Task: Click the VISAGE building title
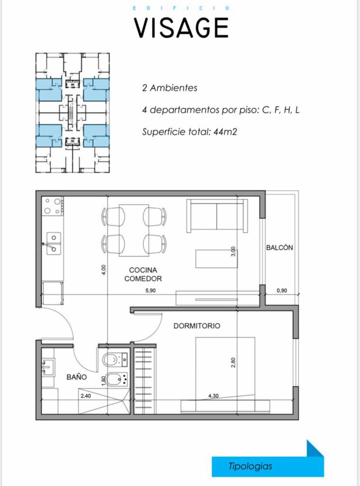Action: pyautogui.click(x=181, y=28)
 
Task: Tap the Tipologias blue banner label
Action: pyautogui.click(x=250, y=466)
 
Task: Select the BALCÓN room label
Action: pyautogui.click(x=279, y=247)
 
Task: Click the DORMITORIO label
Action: pyautogui.click(x=197, y=326)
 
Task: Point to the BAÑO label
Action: pyautogui.click(x=77, y=377)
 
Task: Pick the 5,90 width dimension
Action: pyautogui.click(x=151, y=290)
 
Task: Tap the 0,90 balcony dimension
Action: pyautogui.click(x=281, y=290)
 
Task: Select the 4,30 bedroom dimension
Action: pyautogui.click(x=213, y=396)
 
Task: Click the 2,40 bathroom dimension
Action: pyautogui.click(x=86, y=396)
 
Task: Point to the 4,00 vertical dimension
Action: pyautogui.click(x=104, y=270)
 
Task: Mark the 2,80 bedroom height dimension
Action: pyautogui.click(x=233, y=362)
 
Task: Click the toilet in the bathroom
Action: pyautogui.click(x=115, y=360)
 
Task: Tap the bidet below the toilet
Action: pyautogui.click(x=116, y=379)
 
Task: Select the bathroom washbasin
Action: pyautogui.click(x=49, y=367)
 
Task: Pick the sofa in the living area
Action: pyautogui.click(x=217, y=216)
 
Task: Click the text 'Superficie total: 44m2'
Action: pyautogui.click(x=190, y=132)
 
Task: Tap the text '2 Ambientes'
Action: pyautogui.click(x=170, y=88)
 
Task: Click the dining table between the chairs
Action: pyautogui.click(x=134, y=230)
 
